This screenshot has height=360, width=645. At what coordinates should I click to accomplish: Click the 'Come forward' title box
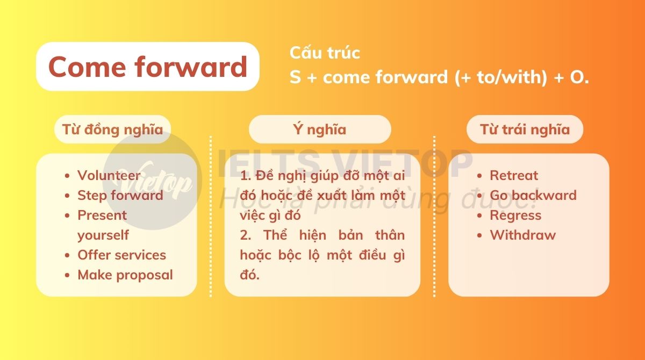point(148,67)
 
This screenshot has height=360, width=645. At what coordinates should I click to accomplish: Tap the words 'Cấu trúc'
point(325,53)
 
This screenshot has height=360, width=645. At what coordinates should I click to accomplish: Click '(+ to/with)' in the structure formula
point(501,77)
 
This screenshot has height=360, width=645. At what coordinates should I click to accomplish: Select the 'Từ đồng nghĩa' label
point(112,129)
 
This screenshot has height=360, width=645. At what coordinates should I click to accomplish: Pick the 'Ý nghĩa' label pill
point(320,129)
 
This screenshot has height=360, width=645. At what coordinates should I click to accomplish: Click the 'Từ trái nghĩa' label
point(525,129)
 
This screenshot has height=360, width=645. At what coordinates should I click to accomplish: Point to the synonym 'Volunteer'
point(109,175)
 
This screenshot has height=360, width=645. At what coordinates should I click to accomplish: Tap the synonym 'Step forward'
point(120,196)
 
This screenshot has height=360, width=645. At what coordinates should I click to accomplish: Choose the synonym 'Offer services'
point(122,255)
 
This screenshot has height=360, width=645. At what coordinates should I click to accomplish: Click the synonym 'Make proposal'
point(125,275)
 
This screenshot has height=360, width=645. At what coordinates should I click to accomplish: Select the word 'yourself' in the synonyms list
point(103,235)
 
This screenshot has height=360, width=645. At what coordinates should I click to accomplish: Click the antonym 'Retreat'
point(514,175)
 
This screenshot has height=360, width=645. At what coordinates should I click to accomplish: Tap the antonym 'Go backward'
point(533,196)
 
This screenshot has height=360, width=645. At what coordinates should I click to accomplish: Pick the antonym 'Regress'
point(515,215)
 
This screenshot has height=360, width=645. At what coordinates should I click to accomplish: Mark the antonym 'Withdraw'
point(523,235)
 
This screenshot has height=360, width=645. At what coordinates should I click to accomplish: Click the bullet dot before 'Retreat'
point(479,176)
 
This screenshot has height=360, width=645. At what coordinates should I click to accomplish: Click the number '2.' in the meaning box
point(246,235)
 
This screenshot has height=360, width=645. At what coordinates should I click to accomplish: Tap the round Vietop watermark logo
point(152,181)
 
